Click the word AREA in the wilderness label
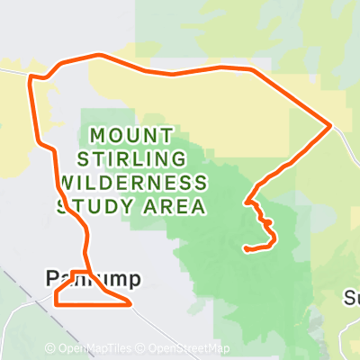coord(176,206)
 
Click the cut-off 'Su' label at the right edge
coord(352,297)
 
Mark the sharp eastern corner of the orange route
coord(331,124)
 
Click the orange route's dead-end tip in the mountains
coord(246,248)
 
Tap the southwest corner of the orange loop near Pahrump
coord(56,304)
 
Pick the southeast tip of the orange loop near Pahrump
coord(131,305)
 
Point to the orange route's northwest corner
coord(32,77)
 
